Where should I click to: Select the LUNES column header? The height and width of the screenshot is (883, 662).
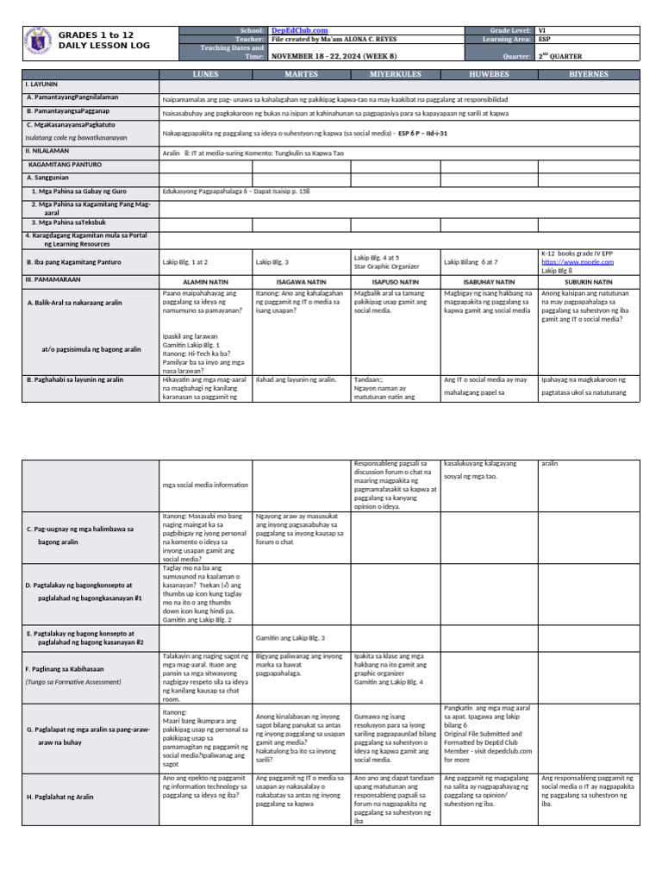coord(205,74)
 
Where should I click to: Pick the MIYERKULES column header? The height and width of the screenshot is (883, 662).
coord(395,74)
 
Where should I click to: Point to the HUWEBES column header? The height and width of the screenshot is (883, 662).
coord(489,74)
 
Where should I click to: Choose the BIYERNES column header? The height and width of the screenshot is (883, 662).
coord(589,74)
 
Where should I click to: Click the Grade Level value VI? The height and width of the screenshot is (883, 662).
coord(542,30)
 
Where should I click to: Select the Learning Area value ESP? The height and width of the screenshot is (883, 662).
coord(545,39)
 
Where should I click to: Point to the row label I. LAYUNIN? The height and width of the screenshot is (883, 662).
coord(43,85)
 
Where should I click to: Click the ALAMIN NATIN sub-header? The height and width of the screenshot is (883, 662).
coord(205,281)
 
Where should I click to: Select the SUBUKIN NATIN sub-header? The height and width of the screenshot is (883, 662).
coord(589,281)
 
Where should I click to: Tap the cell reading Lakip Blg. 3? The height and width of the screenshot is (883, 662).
coord(273,261)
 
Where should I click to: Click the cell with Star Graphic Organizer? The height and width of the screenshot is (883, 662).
coord(388,266)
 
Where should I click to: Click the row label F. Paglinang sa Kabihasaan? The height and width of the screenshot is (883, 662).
coord(72,668)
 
